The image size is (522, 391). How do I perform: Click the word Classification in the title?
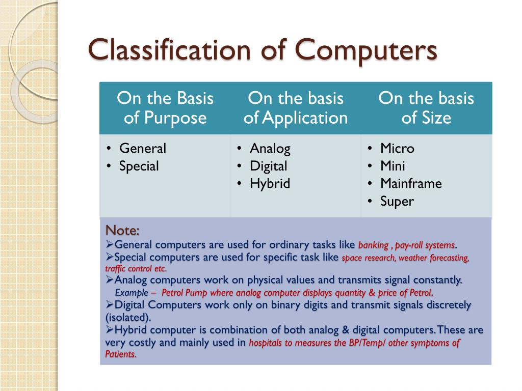[169, 51]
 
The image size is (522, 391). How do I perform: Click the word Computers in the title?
[367, 51]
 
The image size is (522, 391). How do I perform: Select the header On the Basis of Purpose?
[165, 108]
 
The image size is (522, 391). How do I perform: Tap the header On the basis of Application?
[296, 108]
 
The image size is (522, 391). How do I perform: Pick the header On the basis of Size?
[426, 108]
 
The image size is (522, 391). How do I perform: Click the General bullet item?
[143, 149]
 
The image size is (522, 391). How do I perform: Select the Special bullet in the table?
[139, 166]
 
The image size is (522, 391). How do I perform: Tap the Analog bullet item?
[270, 149]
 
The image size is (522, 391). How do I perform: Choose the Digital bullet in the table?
[268, 166]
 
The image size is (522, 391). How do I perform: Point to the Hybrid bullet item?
[270, 183]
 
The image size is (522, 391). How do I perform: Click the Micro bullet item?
[397, 149]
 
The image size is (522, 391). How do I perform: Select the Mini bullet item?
[393, 166]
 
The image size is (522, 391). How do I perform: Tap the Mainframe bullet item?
[411, 183]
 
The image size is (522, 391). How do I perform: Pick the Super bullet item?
[397, 201]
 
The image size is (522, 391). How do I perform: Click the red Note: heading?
[122, 231]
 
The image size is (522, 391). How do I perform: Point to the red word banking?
[374, 245]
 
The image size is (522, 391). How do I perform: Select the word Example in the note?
[132, 293]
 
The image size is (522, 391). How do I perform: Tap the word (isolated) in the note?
[128, 317]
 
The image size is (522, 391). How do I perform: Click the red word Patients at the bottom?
[120, 354]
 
